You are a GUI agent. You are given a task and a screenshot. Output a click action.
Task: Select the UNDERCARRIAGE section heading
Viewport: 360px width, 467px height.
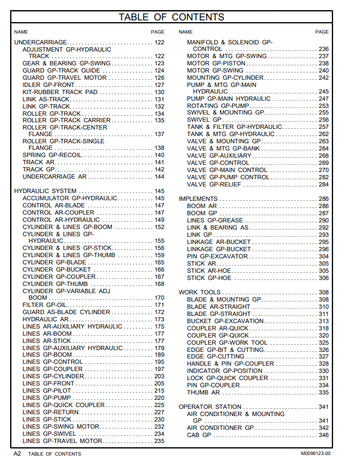pos(40,42)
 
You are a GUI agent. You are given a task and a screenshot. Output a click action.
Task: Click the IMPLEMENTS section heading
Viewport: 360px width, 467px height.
pos(198,199)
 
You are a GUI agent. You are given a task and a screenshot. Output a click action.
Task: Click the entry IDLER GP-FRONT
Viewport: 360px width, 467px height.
pos(49,85)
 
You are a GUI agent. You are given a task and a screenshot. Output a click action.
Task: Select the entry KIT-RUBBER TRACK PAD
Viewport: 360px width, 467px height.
pos(60,92)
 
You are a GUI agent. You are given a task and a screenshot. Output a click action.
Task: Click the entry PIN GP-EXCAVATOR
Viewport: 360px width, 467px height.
pos(217,257)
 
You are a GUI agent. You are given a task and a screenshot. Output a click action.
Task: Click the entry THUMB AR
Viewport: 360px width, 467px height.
pos(203,393)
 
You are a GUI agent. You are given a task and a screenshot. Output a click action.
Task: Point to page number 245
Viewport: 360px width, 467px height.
pos(323,92)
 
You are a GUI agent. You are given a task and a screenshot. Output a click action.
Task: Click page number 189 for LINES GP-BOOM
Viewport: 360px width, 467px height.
pos(159,355)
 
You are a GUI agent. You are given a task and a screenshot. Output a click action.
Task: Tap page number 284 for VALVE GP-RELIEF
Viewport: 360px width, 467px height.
pos(323,185)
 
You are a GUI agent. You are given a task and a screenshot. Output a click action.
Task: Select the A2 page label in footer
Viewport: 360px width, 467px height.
pos(17,454)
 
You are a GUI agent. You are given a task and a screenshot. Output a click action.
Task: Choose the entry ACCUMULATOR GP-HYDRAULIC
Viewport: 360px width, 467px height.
pos(70,198)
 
